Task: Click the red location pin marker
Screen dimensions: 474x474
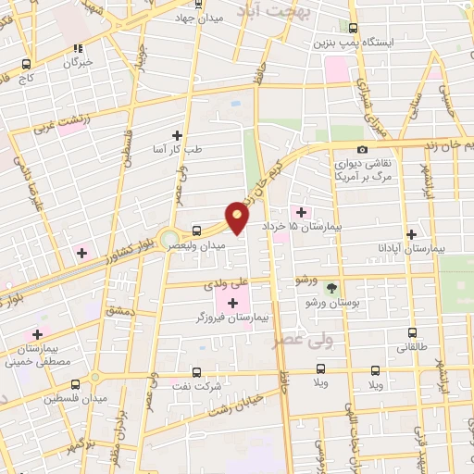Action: (x=238, y=218)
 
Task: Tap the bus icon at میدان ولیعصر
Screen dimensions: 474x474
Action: (x=196, y=231)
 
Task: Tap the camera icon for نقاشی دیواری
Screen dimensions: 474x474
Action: (x=362, y=150)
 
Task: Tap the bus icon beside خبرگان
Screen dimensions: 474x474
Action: (x=80, y=48)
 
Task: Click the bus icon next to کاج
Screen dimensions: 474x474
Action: (x=26, y=65)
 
